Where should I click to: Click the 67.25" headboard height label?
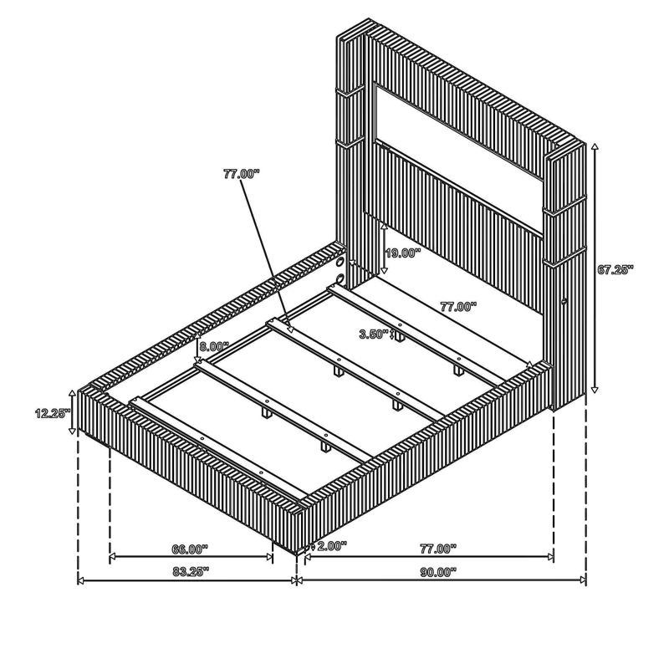pos(615,269)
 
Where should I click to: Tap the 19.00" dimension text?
pos(403,253)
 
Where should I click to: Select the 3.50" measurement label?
pos(374,334)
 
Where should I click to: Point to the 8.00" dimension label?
pos(214,346)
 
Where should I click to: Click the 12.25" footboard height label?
pos(53,413)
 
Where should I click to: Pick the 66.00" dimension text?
pos(190,549)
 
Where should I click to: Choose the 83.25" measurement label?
pos(192,572)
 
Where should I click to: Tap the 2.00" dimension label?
pos(332,546)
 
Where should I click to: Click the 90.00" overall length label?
pos(438,572)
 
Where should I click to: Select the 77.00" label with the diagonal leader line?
pos(241,174)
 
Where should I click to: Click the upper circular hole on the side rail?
pos(341,261)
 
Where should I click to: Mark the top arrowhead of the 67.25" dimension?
pos(595,146)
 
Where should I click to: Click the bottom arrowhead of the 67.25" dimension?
pos(595,390)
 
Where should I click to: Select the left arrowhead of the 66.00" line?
pos(113,557)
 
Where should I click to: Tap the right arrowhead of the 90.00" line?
pos(583,580)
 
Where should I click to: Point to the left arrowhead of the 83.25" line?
pos(81,580)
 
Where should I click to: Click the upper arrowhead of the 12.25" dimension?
pos(72,392)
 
